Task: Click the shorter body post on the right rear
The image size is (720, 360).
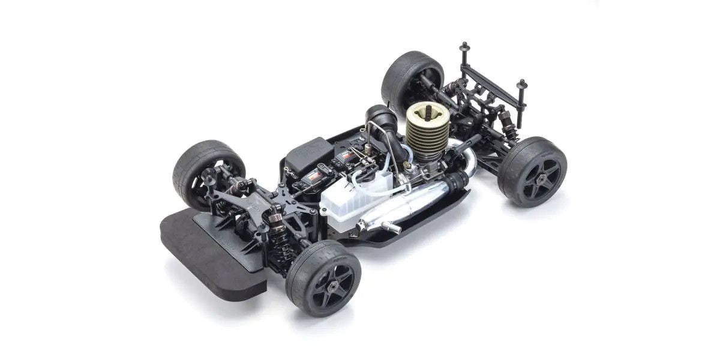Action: (x=521, y=84)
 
